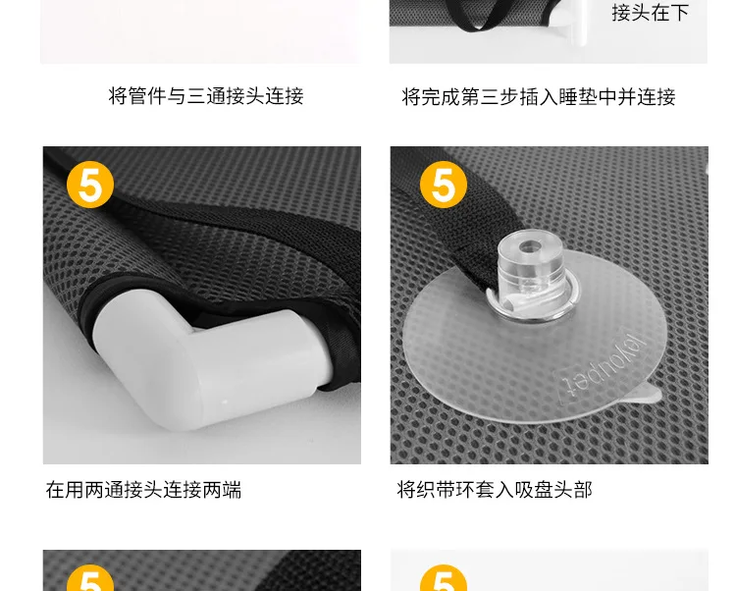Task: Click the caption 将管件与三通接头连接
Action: pos(206,96)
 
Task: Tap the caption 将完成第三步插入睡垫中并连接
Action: pos(539,97)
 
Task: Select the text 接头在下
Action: pos(650,12)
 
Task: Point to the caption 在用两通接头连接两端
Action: pos(143,490)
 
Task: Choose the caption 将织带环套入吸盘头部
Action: pos(495,490)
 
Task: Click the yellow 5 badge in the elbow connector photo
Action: pos(90,185)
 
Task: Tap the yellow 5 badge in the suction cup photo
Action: pos(444,185)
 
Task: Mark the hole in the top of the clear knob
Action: pos(530,246)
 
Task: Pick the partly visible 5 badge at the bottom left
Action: pos(90,578)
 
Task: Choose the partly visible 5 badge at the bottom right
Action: pos(444,578)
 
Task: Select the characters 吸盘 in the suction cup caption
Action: pos(534,490)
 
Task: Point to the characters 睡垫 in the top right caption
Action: pos(578,97)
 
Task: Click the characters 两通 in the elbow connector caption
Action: pos(104,490)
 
